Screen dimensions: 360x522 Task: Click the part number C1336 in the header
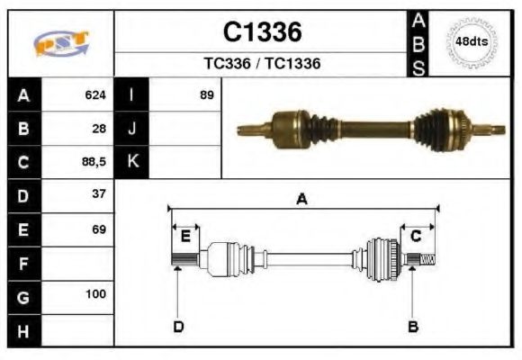tap(262, 32)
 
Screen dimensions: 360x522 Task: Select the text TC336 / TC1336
tap(262, 64)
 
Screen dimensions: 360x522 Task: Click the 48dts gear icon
tap(472, 41)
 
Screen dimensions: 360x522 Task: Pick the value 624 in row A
tap(94, 94)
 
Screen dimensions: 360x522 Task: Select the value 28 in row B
tap(98, 129)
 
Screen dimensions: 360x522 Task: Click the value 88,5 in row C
tap(93, 163)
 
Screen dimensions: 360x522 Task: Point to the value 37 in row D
tap(98, 194)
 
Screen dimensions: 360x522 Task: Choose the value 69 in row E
tap(98, 229)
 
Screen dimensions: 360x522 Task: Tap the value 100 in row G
tap(95, 294)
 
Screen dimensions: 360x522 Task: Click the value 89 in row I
tap(206, 94)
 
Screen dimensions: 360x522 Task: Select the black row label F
tap(23, 265)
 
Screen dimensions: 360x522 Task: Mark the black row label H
tap(23, 330)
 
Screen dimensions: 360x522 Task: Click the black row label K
tap(132, 162)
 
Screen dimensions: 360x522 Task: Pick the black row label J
tap(132, 129)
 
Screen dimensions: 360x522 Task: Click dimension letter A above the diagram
tap(302, 200)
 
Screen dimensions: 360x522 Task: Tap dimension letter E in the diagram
tap(185, 237)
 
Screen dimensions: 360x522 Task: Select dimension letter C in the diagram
tap(416, 237)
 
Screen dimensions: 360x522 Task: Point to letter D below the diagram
tap(178, 326)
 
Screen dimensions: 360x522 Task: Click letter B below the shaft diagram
tap(413, 326)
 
